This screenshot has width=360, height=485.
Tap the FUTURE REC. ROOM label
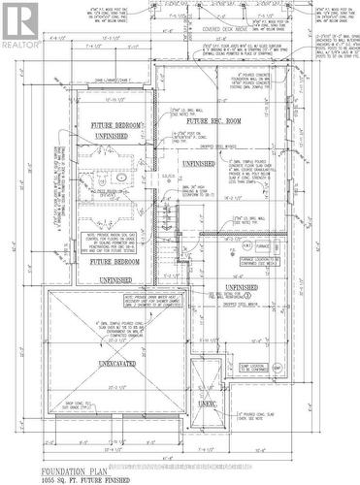click(209, 123)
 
